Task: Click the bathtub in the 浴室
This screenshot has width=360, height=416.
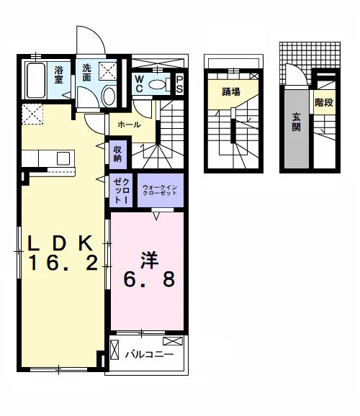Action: (x=36, y=81)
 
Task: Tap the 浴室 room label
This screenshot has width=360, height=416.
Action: (x=58, y=75)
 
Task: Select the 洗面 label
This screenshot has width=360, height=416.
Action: (x=86, y=73)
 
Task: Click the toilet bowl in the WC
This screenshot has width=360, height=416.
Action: (x=157, y=85)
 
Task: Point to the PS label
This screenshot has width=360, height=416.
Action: (x=179, y=85)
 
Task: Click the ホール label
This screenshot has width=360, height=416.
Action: (x=129, y=125)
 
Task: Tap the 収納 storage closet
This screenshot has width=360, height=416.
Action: (x=118, y=155)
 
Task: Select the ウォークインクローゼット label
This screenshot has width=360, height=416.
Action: (x=160, y=190)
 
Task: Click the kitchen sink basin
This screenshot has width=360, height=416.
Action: (x=63, y=158)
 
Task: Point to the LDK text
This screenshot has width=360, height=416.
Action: (x=60, y=243)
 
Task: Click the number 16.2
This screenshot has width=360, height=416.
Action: (x=63, y=263)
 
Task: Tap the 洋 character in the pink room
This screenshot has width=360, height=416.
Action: (x=150, y=260)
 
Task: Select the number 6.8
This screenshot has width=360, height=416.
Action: (x=149, y=279)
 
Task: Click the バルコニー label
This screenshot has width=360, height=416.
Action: (x=150, y=354)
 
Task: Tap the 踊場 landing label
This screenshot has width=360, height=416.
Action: (x=231, y=92)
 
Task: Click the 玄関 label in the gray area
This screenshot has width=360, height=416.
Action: (x=297, y=122)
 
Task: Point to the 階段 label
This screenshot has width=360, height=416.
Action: (x=324, y=102)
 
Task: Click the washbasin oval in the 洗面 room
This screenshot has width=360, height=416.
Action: (x=109, y=96)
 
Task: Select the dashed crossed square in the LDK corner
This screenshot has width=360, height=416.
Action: (x=32, y=114)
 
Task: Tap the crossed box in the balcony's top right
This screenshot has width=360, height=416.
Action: (x=173, y=341)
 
